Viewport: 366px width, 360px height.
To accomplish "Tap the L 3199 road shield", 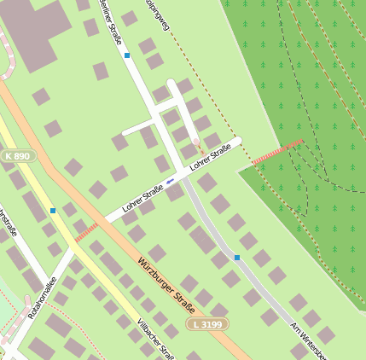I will tap(207, 324).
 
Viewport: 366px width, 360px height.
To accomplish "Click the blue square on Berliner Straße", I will tap(127, 55).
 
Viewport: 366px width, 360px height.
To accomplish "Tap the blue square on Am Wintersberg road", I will tap(236, 258).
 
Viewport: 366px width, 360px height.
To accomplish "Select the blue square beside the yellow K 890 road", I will tap(53, 211).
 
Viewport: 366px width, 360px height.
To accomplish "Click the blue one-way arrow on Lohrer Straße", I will tap(171, 181).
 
